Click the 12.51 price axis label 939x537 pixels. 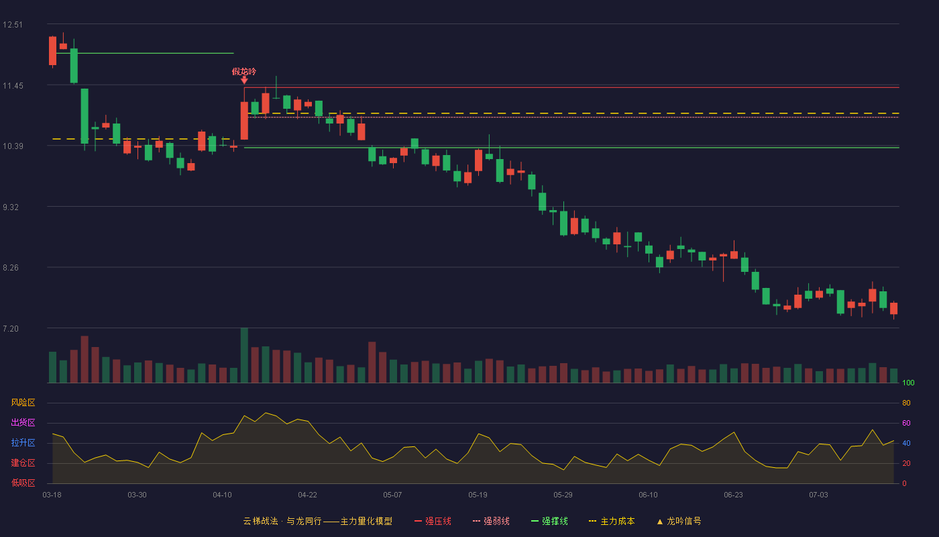pyautogui.click(x=13, y=25)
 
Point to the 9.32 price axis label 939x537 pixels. pyautogui.click(x=11, y=207)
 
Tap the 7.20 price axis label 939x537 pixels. pyautogui.click(x=11, y=329)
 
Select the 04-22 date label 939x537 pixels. pyautogui.click(x=307, y=495)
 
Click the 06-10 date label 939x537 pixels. pyautogui.click(x=648, y=495)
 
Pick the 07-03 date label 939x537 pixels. pyautogui.click(x=818, y=495)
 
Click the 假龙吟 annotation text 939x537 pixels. pyautogui.click(x=244, y=72)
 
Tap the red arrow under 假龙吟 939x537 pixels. pyautogui.click(x=244, y=80)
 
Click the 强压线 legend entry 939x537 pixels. pyautogui.click(x=433, y=521)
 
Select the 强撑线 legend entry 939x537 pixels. pyautogui.click(x=549, y=521)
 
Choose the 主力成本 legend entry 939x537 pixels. pyautogui.click(x=612, y=521)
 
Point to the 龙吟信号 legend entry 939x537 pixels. pyautogui.click(x=679, y=521)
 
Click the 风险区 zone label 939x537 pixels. pyautogui.click(x=23, y=403)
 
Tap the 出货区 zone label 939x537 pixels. pyautogui.click(x=23, y=422)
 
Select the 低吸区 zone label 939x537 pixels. pyautogui.click(x=23, y=483)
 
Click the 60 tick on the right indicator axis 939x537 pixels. pyautogui.click(x=906, y=423)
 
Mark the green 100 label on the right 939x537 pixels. pyautogui.click(x=908, y=383)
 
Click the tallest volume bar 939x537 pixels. pyautogui.click(x=244, y=355)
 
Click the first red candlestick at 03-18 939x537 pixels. pyautogui.click(x=52, y=51)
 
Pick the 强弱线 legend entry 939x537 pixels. pyautogui.click(x=491, y=521)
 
